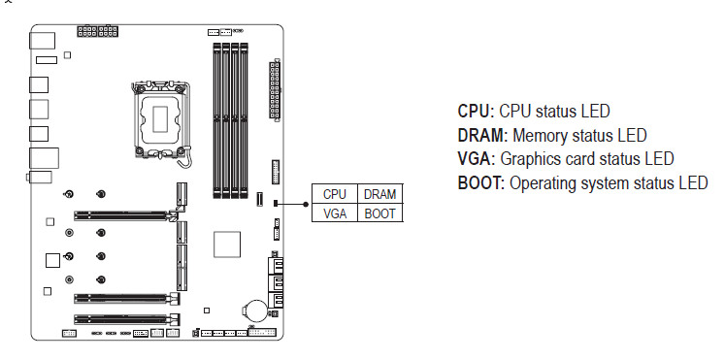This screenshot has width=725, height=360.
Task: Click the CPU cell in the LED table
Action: [335, 194]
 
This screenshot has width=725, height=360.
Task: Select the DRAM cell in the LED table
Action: [380, 194]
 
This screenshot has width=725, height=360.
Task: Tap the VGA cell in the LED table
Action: [335, 213]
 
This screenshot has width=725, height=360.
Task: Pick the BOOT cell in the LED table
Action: [380, 213]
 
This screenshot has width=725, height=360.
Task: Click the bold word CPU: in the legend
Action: [476, 112]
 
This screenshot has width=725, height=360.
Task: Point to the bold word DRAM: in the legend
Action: [482, 136]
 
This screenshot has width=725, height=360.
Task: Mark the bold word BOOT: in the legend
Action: [480, 183]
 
